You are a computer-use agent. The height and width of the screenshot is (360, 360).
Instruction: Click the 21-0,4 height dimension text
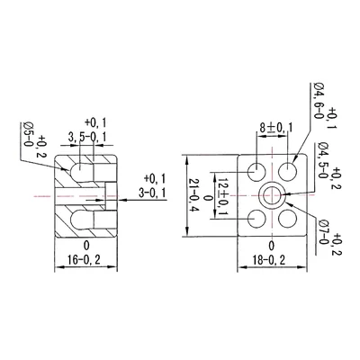[x=192, y=194]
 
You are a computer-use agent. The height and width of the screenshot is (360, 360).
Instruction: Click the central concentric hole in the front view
[x=273, y=193]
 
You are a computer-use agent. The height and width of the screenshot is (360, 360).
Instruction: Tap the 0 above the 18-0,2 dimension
[x=272, y=245]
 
